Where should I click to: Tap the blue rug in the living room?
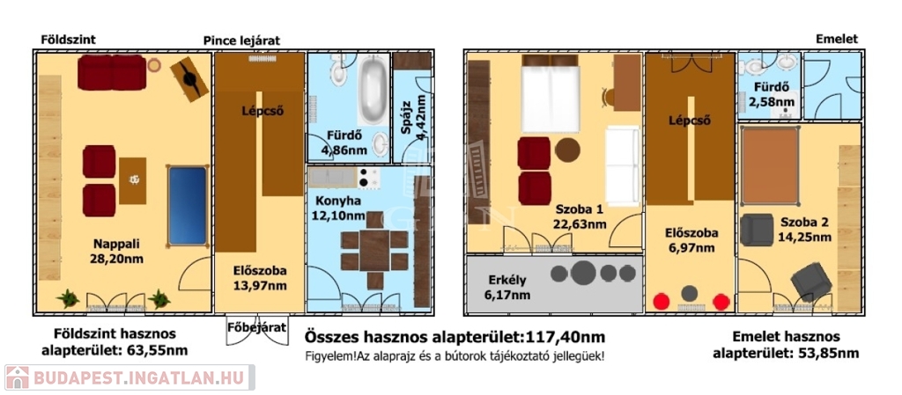coord(187,206)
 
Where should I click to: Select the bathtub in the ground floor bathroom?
coord(373,90)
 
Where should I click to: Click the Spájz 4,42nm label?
coord(416,117)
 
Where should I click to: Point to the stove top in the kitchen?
coord(367,178)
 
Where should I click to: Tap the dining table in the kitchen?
coord(374,250)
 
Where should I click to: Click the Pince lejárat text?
coord(241,40)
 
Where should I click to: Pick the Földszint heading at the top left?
coord(69,40)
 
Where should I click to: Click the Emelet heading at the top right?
coord(837,39)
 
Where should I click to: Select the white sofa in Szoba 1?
coord(623,166)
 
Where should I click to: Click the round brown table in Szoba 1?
coord(568,150)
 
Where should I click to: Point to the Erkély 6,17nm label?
coord(507,288)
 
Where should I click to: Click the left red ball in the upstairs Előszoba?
coord(662,301)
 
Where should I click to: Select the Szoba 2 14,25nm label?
coord(805,229)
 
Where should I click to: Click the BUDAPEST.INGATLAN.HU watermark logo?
coord(129,377)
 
